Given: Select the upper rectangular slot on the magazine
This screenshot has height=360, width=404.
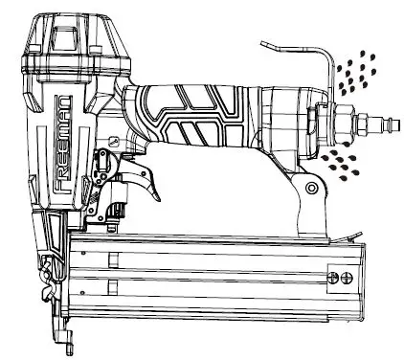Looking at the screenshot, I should tap(113, 258).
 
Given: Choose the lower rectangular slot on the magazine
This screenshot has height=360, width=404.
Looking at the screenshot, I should tap(113, 285).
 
